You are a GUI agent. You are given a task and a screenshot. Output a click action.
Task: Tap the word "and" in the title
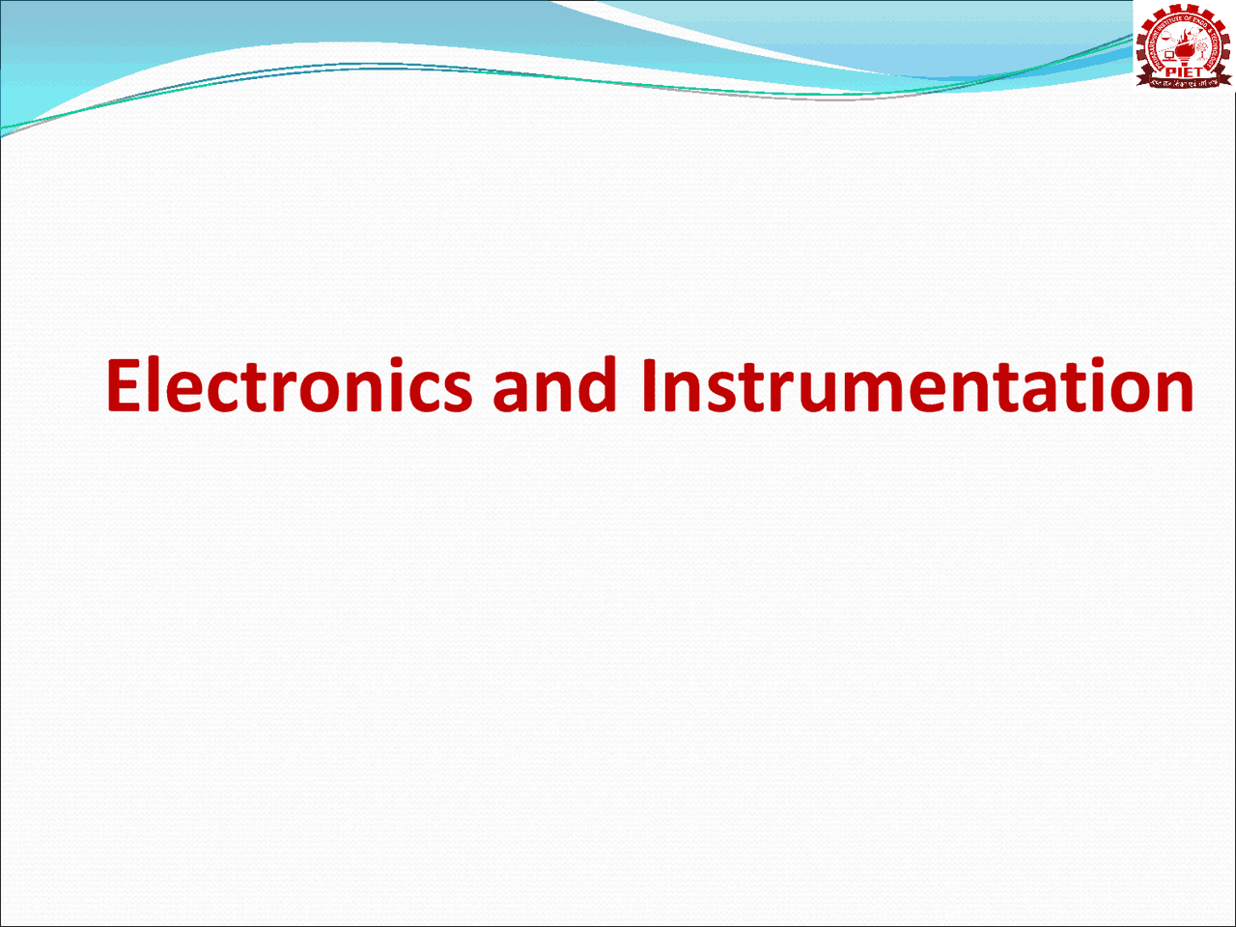point(554,385)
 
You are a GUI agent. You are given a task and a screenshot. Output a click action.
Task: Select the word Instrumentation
point(917,385)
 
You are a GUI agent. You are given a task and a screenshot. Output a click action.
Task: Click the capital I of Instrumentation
point(649,385)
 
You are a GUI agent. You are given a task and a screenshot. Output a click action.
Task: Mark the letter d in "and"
point(598,383)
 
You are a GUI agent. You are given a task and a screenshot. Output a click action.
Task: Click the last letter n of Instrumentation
point(1174,391)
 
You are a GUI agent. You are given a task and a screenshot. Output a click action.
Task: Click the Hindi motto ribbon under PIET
point(1184,82)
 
